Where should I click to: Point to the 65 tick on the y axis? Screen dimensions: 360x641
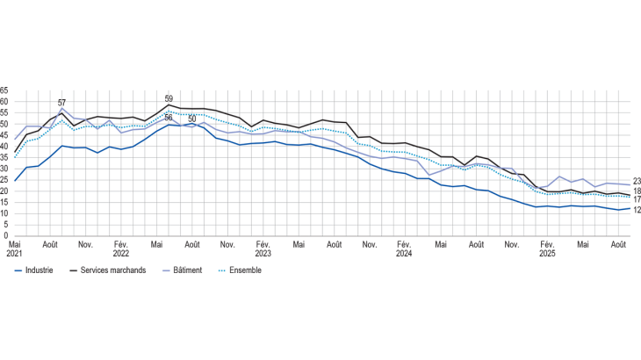point(4,90)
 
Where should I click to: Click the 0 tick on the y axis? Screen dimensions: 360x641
point(6,235)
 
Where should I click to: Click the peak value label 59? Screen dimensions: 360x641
point(169,99)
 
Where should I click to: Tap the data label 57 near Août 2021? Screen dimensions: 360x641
point(61,103)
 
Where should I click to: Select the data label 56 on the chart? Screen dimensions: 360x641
point(168,118)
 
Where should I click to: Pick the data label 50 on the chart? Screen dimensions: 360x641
point(192,119)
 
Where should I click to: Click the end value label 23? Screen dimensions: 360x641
point(637,182)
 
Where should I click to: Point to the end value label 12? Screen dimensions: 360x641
point(637,211)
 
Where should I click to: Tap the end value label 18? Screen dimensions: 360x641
point(637,191)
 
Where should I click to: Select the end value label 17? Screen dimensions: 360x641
point(637,200)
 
